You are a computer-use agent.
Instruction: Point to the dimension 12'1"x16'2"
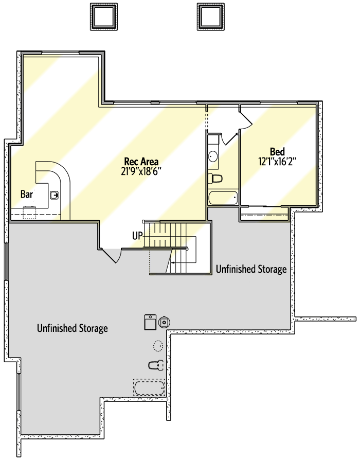click(x=278, y=161)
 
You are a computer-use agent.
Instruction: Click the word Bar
click(x=27, y=194)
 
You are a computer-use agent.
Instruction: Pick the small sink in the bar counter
click(x=54, y=195)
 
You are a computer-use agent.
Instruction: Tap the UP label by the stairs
click(x=137, y=236)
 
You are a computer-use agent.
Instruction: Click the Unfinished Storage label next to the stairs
click(x=251, y=269)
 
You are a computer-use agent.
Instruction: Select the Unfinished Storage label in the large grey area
click(x=73, y=328)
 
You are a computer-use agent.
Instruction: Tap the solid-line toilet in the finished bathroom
click(x=214, y=179)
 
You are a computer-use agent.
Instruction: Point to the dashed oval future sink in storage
click(x=158, y=345)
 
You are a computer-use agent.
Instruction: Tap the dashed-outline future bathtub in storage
click(x=149, y=387)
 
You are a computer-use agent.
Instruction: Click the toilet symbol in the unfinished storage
click(x=156, y=365)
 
